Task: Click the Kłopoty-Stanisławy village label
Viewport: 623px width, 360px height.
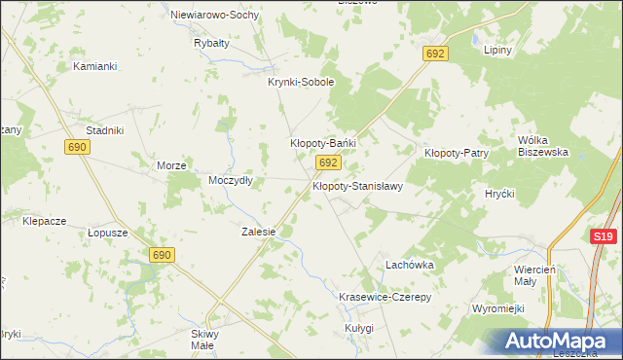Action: pos(357,185)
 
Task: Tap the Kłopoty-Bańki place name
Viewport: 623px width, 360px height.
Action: pos(323,143)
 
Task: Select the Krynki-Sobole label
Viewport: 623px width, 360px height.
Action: pos(301,83)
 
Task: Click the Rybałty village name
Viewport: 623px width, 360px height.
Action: pos(211,44)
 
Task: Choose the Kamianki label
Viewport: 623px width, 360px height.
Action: pos(95,66)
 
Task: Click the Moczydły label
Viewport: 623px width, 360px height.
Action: pos(231,180)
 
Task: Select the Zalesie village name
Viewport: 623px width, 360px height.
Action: pos(259,233)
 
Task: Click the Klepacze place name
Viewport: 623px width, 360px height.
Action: pos(44,221)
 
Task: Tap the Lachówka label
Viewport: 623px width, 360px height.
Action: pos(409,265)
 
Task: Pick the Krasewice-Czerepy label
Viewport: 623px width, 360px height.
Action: pos(384,296)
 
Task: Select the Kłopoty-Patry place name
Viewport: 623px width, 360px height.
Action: pos(456,153)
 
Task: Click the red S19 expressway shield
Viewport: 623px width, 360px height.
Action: pos(604,236)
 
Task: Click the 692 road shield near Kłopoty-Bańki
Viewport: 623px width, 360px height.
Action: pos(328,162)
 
